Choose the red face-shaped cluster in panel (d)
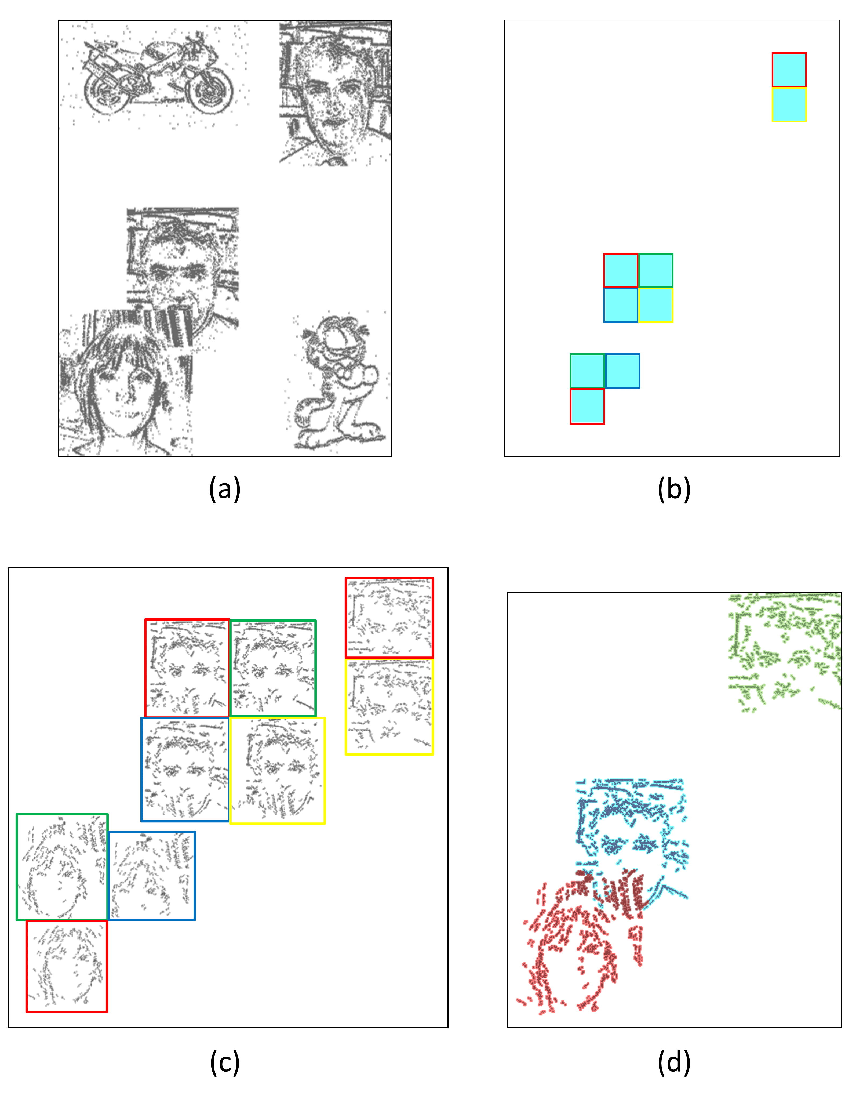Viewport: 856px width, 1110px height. pos(579,940)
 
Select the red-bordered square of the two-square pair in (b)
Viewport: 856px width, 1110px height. pos(789,70)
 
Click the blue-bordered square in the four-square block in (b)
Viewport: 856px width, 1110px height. pos(621,305)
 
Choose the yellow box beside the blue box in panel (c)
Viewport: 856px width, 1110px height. pos(277,770)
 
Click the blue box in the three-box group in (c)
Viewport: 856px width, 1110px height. pos(151,876)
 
